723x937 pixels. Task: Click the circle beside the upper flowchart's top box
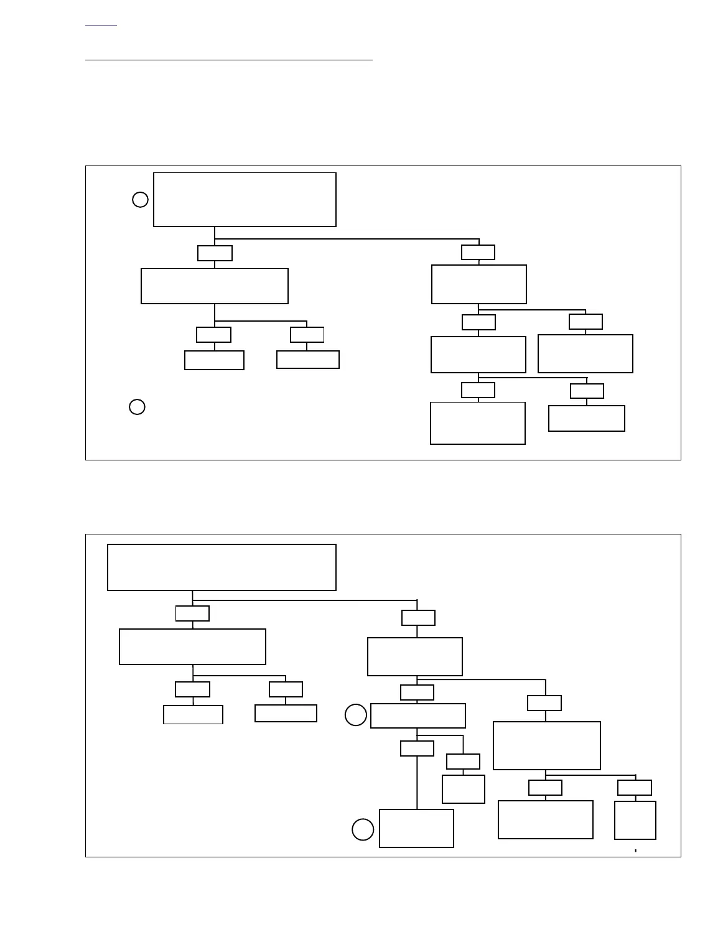coord(140,200)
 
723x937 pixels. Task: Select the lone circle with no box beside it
coord(137,407)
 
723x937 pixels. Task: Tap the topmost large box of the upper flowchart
coord(245,200)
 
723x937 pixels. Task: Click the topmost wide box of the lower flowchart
coord(222,567)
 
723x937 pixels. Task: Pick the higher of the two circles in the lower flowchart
coord(356,715)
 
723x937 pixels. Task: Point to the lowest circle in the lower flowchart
coord(363,829)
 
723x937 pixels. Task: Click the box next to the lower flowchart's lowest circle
coord(416,828)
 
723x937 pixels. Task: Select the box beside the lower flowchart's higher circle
coord(417,716)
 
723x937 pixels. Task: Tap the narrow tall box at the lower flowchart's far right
coord(635,820)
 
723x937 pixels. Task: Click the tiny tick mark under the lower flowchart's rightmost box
coord(635,850)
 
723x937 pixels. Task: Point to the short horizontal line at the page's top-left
coord(101,26)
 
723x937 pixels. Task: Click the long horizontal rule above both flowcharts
coord(228,60)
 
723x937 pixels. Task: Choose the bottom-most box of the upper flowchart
coord(477,423)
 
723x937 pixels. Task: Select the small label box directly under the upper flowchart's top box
coord(215,253)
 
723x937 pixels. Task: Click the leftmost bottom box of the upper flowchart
coord(214,360)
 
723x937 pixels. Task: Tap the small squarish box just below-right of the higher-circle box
coord(463,789)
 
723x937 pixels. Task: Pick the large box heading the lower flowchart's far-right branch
coord(546,745)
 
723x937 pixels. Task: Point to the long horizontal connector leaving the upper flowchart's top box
coord(347,239)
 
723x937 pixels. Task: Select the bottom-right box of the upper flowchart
coord(586,418)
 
